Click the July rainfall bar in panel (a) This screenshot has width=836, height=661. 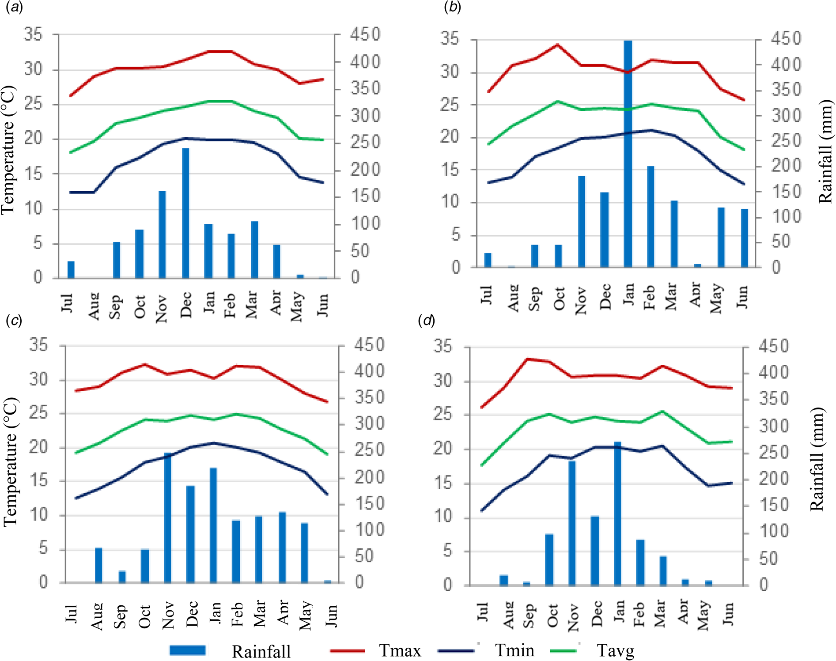(71, 270)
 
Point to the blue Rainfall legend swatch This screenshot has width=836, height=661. (188, 650)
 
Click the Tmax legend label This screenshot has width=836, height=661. (400, 650)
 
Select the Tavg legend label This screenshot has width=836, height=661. (615, 650)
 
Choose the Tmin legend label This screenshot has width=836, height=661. (514, 650)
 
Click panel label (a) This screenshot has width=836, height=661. (15, 8)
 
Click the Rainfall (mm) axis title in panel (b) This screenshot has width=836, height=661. (825, 152)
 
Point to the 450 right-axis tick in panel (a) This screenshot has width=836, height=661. (365, 34)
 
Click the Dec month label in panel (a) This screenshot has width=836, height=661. (186, 304)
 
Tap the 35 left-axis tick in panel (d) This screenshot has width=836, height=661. (443, 346)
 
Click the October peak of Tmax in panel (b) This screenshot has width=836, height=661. (557, 45)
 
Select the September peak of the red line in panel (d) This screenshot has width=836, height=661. (527, 359)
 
